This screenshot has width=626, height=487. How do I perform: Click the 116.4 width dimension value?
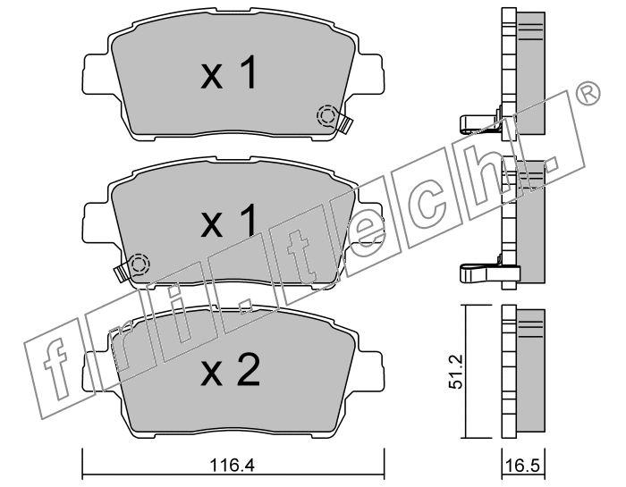click(x=232, y=465)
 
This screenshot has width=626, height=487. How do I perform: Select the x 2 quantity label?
click(x=231, y=370)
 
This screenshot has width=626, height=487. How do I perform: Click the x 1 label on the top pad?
click(x=228, y=72)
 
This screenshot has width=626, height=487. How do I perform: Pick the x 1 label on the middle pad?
click(x=228, y=221)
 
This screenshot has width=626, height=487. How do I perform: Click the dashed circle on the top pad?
click(x=327, y=115)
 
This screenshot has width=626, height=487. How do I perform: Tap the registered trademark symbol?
click(x=587, y=93)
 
